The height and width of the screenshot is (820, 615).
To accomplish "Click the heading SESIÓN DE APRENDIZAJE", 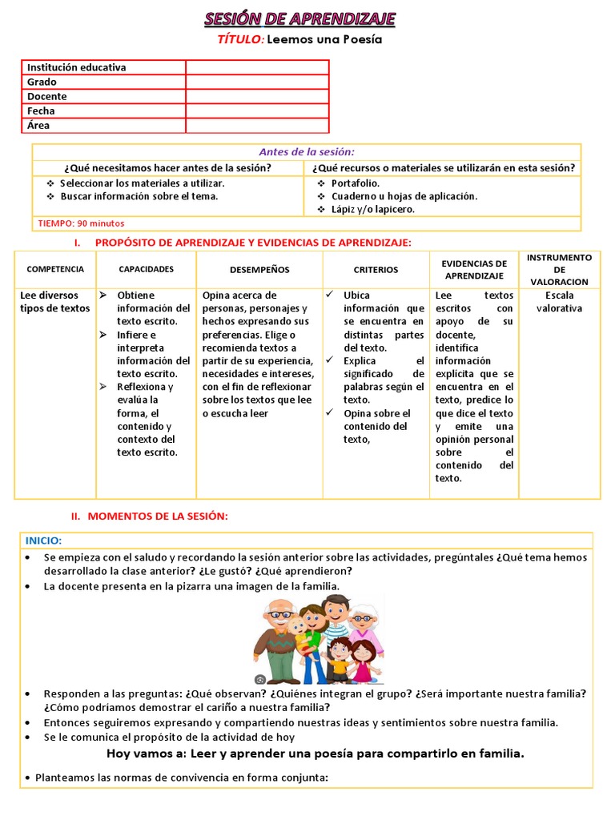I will (x=299, y=19).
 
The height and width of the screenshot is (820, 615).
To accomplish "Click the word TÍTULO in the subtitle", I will (x=239, y=39).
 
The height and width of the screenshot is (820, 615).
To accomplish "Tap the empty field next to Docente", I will (x=257, y=97).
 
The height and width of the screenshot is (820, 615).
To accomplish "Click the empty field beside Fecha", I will (x=257, y=111).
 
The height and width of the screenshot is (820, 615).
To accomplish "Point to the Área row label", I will (x=38, y=126).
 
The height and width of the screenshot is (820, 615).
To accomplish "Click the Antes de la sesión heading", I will (x=306, y=152).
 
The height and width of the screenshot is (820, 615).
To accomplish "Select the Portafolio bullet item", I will (x=355, y=183).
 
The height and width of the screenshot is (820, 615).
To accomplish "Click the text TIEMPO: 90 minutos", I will (x=81, y=223).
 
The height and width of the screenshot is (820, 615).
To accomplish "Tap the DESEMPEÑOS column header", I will (x=259, y=270).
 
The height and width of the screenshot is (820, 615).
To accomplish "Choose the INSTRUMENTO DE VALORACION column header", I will (x=560, y=270).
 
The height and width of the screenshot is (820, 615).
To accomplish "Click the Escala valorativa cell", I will (x=560, y=302).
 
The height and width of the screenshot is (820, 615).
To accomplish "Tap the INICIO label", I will (x=43, y=541).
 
